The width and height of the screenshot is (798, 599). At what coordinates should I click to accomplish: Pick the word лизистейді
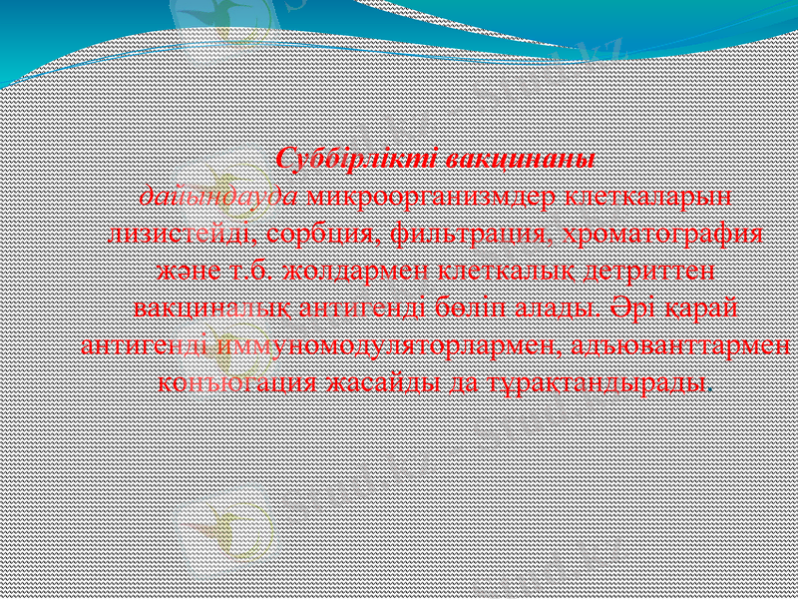pyautogui.click(x=179, y=233)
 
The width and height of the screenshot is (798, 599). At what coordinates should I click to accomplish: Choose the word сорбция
pyautogui.click(x=318, y=233)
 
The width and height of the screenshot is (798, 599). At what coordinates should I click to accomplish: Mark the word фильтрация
pyautogui.click(x=466, y=233)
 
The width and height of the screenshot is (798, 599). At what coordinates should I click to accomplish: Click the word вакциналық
pyautogui.click(x=211, y=306)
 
